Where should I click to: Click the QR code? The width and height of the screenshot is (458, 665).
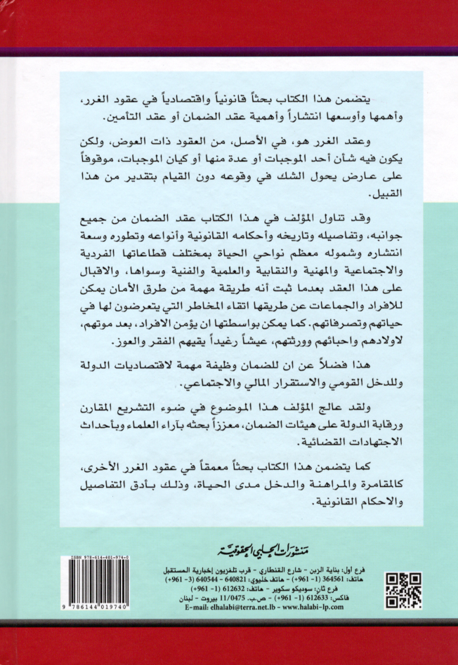pyautogui.click(x=403, y=591)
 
